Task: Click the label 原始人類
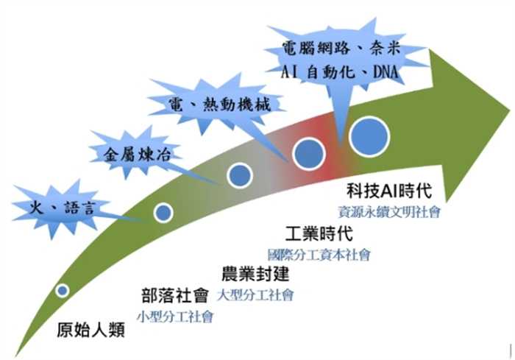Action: coord(90,330)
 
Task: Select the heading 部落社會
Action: coord(175,295)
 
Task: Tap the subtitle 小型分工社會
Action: coord(175,317)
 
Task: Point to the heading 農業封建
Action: coord(255,274)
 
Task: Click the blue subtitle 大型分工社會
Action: coord(255,295)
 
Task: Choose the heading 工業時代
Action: coord(319,233)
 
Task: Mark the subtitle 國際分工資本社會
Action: coord(319,255)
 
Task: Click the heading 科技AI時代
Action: coord(389,191)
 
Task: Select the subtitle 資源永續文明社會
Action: coord(389,212)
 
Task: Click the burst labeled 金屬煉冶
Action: coord(136,154)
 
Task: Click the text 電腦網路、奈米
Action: coord(341,49)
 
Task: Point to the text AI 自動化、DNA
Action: coord(340,72)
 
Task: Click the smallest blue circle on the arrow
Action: coord(62,290)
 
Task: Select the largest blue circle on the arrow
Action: coord(369,136)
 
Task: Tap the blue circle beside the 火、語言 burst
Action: coord(163,213)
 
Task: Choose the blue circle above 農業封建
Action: coord(240,175)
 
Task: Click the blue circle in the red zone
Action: coord(309,154)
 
